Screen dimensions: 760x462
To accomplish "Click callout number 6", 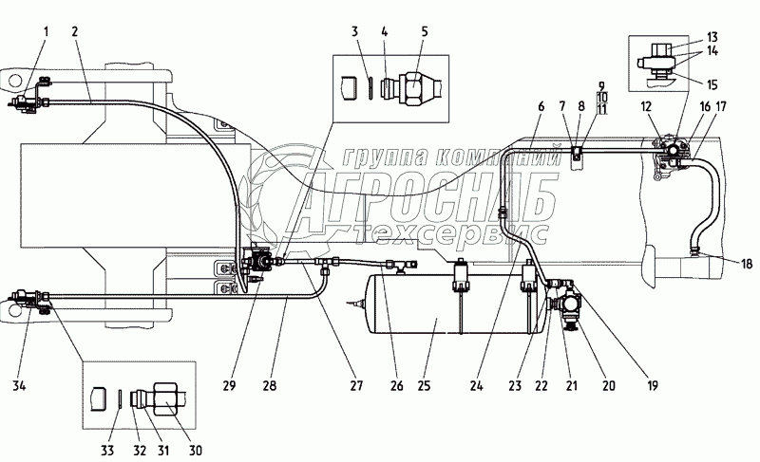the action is tap(540, 106).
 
